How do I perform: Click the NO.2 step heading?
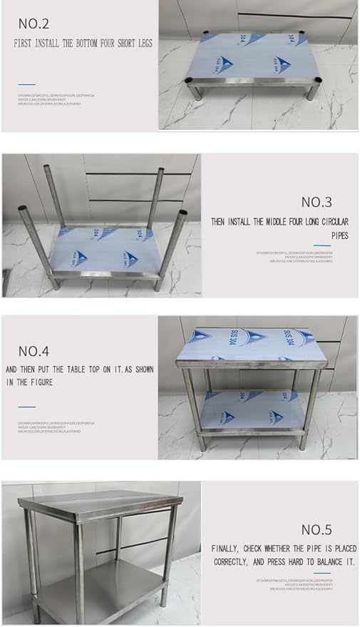tap(34, 24)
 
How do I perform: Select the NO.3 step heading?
tap(316, 202)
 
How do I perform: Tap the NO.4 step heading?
tap(34, 351)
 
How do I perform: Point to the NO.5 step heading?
tap(316, 529)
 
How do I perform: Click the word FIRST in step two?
tap(25, 44)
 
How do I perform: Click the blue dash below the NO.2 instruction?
tap(26, 84)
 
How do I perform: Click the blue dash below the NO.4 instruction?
tap(26, 407)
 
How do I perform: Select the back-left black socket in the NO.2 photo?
tap(207, 33)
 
